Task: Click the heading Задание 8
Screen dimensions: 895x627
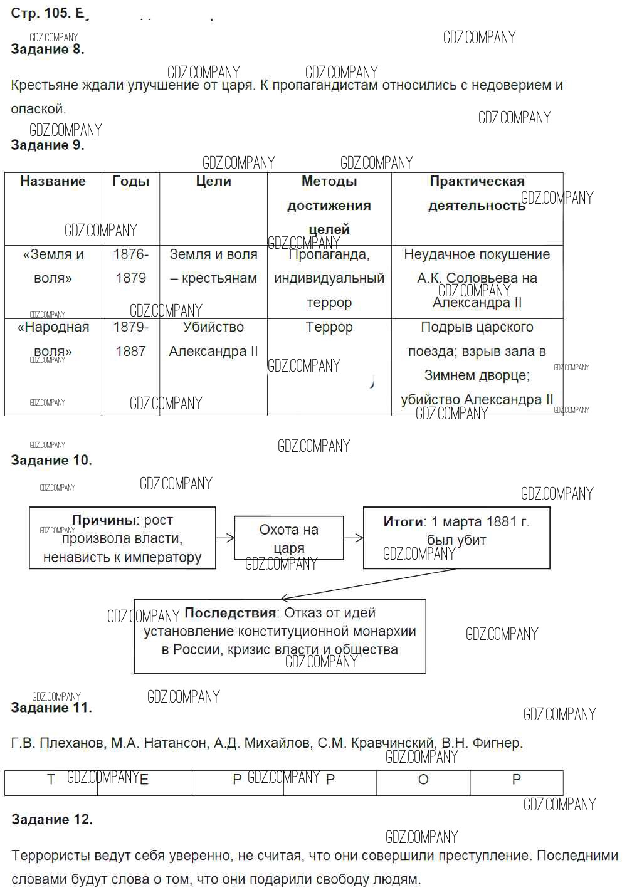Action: (47, 50)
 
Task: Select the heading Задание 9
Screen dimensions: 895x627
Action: (47, 145)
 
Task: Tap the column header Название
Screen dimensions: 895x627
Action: (53, 182)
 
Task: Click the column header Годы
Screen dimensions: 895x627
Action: (130, 182)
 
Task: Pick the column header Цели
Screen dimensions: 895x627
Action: (213, 182)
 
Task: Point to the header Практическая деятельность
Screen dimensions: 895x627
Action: (477, 193)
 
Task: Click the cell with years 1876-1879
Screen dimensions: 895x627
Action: (130, 266)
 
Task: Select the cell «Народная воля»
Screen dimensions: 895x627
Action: (53, 339)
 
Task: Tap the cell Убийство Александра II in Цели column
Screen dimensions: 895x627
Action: (213, 339)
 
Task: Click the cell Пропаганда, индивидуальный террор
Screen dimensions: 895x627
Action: (329, 278)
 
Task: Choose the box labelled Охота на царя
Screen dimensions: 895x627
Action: (288, 538)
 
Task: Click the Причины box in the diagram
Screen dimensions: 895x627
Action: (122, 538)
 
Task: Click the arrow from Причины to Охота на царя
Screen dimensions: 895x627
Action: (225, 537)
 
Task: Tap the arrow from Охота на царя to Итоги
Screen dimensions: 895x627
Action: (354, 537)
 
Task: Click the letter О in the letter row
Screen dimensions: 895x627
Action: (423, 780)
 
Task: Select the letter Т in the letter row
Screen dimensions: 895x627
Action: (51, 780)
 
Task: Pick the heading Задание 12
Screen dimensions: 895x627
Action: (51, 820)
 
